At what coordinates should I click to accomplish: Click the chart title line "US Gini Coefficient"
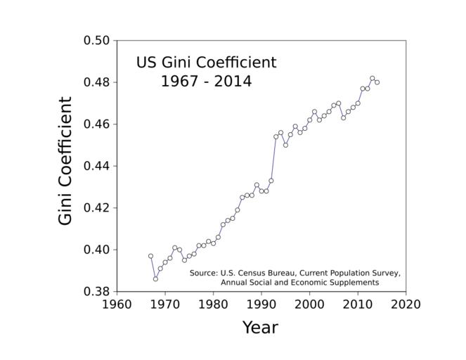(206, 63)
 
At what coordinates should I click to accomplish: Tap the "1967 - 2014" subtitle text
(206, 82)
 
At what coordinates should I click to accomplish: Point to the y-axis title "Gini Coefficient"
(65, 161)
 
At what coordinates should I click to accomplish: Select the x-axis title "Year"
(260, 328)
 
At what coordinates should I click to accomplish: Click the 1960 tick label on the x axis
(117, 305)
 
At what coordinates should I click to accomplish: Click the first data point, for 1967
(150, 256)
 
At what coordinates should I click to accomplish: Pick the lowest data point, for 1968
(155, 279)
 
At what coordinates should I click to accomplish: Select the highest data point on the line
(373, 78)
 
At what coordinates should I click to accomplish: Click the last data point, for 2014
(377, 82)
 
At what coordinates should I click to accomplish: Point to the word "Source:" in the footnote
(204, 273)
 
